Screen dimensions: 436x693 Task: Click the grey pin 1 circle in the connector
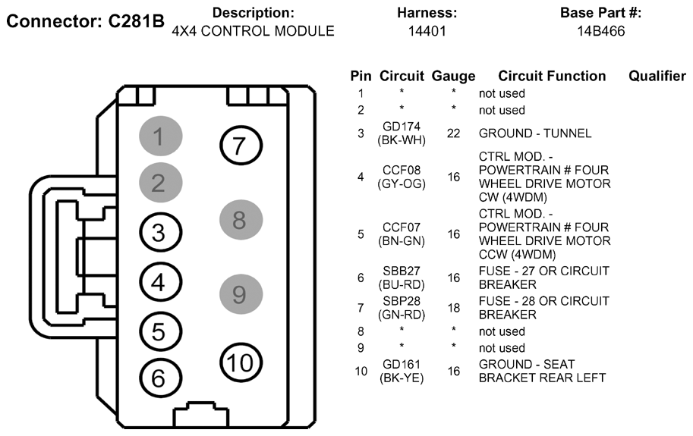tap(160, 137)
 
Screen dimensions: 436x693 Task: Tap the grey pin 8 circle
tap(240, 220)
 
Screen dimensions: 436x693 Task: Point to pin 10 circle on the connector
tap(240, 362)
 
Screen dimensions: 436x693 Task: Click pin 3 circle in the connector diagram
tap(158, 234)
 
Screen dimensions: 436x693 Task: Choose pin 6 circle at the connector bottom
tap(158, 377)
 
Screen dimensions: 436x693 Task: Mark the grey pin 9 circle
tap(240, 293)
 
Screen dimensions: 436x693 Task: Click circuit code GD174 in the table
tap(402, 126)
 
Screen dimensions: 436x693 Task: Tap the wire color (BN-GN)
tap(402, 241)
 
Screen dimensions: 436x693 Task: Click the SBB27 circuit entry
tap(402, 271)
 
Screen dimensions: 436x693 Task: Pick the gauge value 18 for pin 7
tap(453, 308)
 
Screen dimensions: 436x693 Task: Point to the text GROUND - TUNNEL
tap(534, 133)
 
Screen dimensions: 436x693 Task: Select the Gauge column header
tap(453, 76)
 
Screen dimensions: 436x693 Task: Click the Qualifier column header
tap(657, 76)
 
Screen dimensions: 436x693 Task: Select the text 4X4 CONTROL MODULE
tap(254, 31)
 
